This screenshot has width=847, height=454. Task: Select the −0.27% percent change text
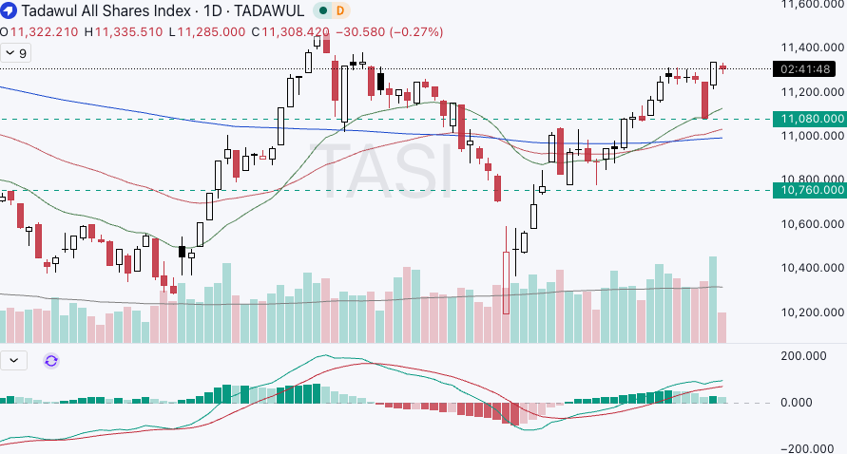417,31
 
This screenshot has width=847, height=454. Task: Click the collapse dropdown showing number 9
16,54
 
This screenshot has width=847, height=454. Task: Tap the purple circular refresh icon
51,361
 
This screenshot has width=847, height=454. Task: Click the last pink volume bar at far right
722,328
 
